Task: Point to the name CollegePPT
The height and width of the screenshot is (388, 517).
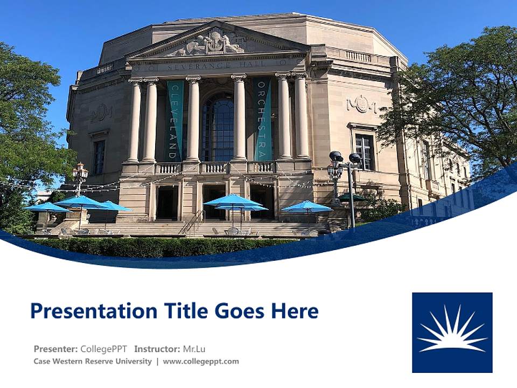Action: tap(104, 349)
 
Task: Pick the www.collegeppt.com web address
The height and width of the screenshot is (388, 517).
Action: tap(201, 362)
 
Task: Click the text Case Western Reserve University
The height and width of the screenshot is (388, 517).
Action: tap(93, 362)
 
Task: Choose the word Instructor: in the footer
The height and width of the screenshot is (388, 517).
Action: tap(157, 349)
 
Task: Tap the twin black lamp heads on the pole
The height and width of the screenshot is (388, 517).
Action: tap(345, 157)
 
